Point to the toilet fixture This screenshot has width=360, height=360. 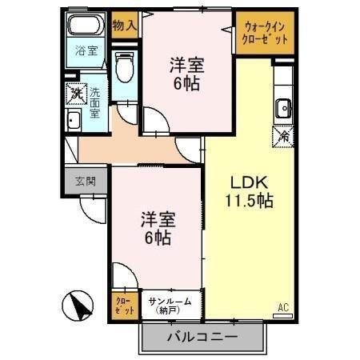(125, 67)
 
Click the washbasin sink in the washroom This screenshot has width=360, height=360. (74, 122)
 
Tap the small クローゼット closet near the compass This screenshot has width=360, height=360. (124, 304)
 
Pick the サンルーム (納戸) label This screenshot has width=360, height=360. (170, 305)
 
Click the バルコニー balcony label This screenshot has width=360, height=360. (202, 338)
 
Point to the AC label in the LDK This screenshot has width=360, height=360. (282, 306)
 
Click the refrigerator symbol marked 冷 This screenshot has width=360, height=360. (283, 136)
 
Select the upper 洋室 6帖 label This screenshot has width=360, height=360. (185, 73)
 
